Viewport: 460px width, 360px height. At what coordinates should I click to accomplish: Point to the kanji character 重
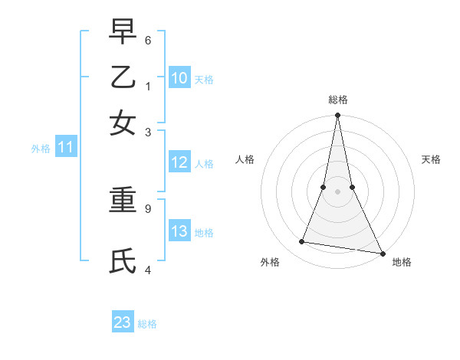coord(123,201)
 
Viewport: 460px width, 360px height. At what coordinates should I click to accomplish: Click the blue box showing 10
coord(179,77)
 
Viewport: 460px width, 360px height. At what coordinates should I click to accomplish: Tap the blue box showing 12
coord(179,162)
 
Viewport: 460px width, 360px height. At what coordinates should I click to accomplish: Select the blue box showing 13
coord(179,231)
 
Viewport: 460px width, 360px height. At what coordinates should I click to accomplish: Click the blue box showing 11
coord(66,148)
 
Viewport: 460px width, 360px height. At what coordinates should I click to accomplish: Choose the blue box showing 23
coord(123,322)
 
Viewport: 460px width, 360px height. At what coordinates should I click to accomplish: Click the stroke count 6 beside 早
coord(148,40)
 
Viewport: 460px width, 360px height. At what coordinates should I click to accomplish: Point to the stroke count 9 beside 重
coord(148,208)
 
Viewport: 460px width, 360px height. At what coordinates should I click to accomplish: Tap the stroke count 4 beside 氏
coord(148,270)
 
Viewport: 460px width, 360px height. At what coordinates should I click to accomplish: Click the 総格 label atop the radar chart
coord(337,100)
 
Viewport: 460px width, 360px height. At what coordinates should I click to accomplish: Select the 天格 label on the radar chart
coord(431,159)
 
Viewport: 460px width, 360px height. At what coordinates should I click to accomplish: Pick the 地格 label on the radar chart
coord(402,263)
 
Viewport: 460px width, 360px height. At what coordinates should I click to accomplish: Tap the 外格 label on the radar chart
coord(270,263)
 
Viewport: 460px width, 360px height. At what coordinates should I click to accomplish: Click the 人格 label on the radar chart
coord(245,159)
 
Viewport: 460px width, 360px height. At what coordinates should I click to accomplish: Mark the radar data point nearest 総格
coord(337,116)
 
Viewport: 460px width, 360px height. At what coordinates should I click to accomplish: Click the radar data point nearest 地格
coord(382,253)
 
